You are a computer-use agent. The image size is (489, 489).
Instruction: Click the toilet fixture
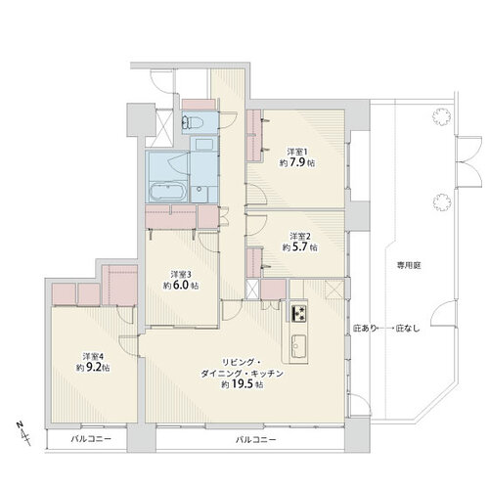click(x=193, y=123)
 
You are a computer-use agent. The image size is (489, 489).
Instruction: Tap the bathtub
click(x=167, y=192)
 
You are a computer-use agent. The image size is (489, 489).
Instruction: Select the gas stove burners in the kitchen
click(x=299, y=313)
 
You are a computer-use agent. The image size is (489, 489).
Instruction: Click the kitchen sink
click(x=298, y=346)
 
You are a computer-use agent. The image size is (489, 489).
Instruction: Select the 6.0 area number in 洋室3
click(x=181, y=285)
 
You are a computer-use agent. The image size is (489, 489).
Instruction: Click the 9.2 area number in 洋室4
click(x=93, y=368)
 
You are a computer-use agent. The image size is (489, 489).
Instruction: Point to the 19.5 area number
click(x=242, y=384)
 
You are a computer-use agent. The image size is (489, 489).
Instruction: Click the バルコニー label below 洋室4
click(x=91, y=439)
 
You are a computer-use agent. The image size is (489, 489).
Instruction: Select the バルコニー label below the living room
click(x=256, y=440)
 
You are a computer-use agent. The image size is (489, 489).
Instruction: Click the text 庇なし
click(x=408, y=329)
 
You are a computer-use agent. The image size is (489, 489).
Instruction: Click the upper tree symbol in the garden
click(x=441, y=116)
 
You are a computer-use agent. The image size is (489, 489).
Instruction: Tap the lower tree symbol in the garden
click(x=442, y=202)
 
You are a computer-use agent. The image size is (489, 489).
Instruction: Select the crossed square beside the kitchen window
click(x=334, y=289)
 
